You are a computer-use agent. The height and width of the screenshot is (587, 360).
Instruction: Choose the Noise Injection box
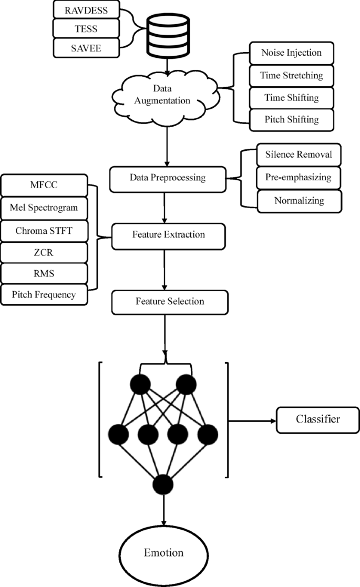click(291, 53)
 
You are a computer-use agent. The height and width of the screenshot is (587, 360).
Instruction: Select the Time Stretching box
click(291, 76)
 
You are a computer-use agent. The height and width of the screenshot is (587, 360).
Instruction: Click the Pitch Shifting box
click(291, 120)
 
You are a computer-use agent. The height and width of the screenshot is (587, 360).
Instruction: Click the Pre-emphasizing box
click(298, 178)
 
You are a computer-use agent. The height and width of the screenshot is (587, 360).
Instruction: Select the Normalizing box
click(298, 200)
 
